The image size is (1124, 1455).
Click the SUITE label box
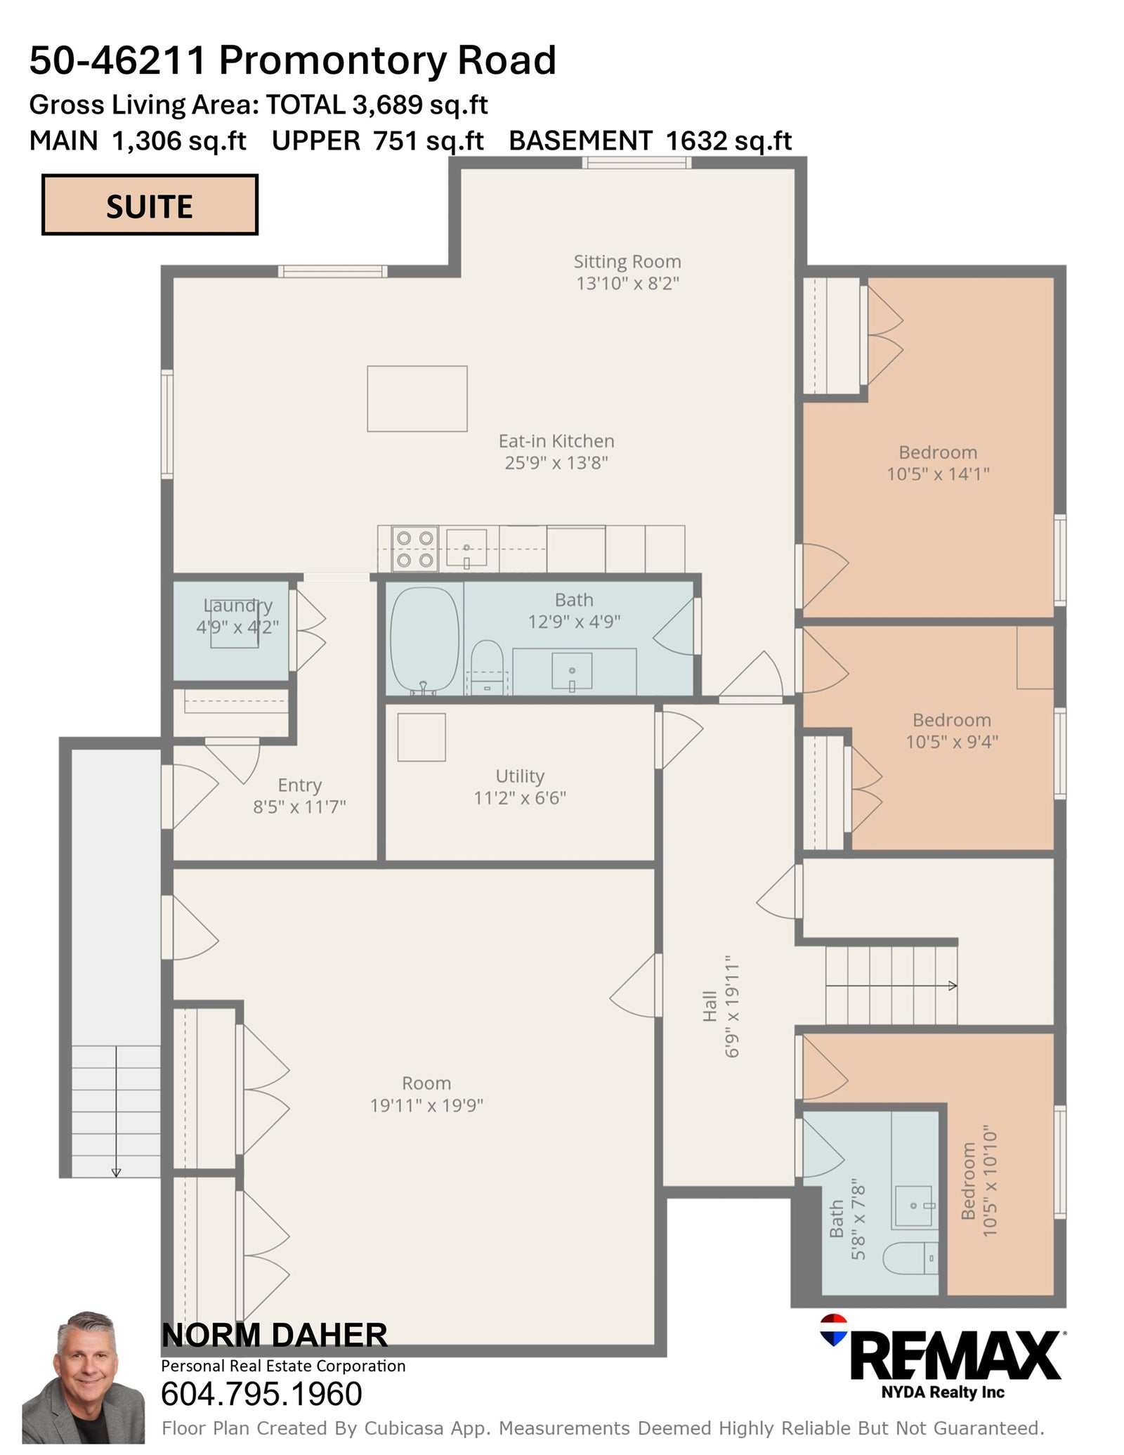click(150, 204)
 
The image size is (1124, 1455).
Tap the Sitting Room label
click(627, 262)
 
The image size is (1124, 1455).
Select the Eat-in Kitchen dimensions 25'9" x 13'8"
click(556, 463)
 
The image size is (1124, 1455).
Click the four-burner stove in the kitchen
click(414, 549)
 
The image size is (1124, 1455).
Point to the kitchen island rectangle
click(417, 398)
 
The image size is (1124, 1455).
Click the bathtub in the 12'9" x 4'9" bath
click(424, 640)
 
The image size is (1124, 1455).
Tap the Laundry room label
click(238, 606)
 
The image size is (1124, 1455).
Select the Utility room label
click(520, 776)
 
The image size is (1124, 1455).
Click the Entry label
click(300, 785)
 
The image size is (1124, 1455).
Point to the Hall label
click(710, 1006)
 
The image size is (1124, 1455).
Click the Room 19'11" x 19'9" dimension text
click(427, 1105)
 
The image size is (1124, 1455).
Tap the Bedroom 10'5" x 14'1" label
click(938, 463)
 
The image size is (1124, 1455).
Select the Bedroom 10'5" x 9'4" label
click(952, 731)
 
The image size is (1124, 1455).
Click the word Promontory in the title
click(334, 60)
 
